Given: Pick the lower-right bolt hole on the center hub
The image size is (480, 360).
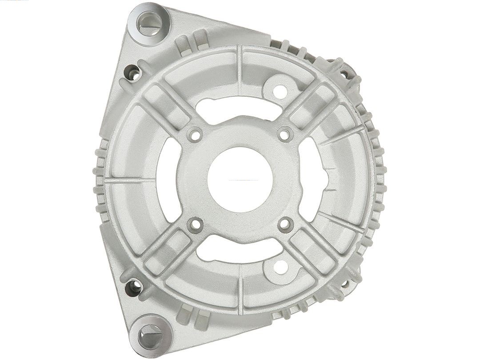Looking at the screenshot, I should [285, 224].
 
